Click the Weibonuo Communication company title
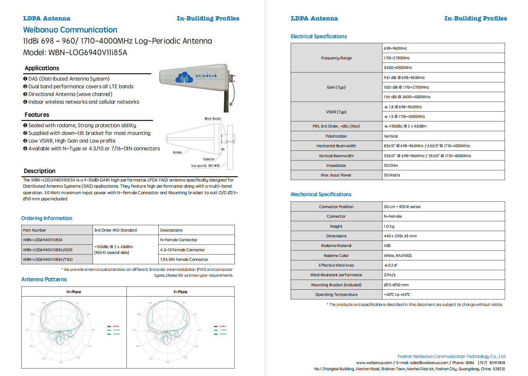pyautogui.click(x=70, y=30)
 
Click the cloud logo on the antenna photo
pyautogui.click(x=184, y=78)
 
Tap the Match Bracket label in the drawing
pyautogui.click(x=213, y=119)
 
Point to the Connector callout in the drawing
pyautogui.click(x=209, y=159)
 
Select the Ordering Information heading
pyautogui.click(x=47, y=218)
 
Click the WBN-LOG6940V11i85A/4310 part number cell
pyautogui.click(x=47, y=250)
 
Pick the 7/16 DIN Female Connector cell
pyautogui.click(x=184, y=260)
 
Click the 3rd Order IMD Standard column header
pyautogui.click(x=116, y=230)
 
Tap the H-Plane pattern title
pyautogui.click(x=74, y=292)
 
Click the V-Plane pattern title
pyautogui.click(x=180, y=292)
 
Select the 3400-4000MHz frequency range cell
pyautogui.click(x=398, y=68)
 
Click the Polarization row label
pyautogui.click(x=336, y=136)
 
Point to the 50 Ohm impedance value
pyautogui.click(x=391, y=166)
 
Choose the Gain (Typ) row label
pyautogui.click(x=336, y=87)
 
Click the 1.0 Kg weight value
pyautogui.click(x=389, y=227)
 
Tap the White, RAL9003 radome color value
pyautogui.click(x=397, y=256)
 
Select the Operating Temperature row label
pyautogui.click(x=336, y=295)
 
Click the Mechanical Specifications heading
pyautogui.click(x=321, y=195)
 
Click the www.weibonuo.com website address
pyautogui.click(x=374, y=363)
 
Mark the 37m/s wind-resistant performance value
pyautogui.click(x=390, y=275)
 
